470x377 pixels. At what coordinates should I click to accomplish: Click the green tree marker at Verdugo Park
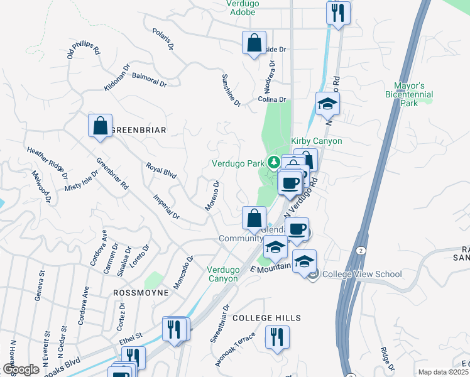[x=274, y=163]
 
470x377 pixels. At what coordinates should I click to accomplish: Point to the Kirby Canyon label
[x=317, y=141]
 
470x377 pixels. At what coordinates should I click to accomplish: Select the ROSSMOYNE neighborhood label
[x=140, y=293]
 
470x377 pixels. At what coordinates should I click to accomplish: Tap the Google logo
[x=21, y=369]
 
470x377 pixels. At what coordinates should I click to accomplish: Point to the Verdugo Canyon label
[x=223, y=274]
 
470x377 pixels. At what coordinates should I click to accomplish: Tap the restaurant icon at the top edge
[x=338, y=13]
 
